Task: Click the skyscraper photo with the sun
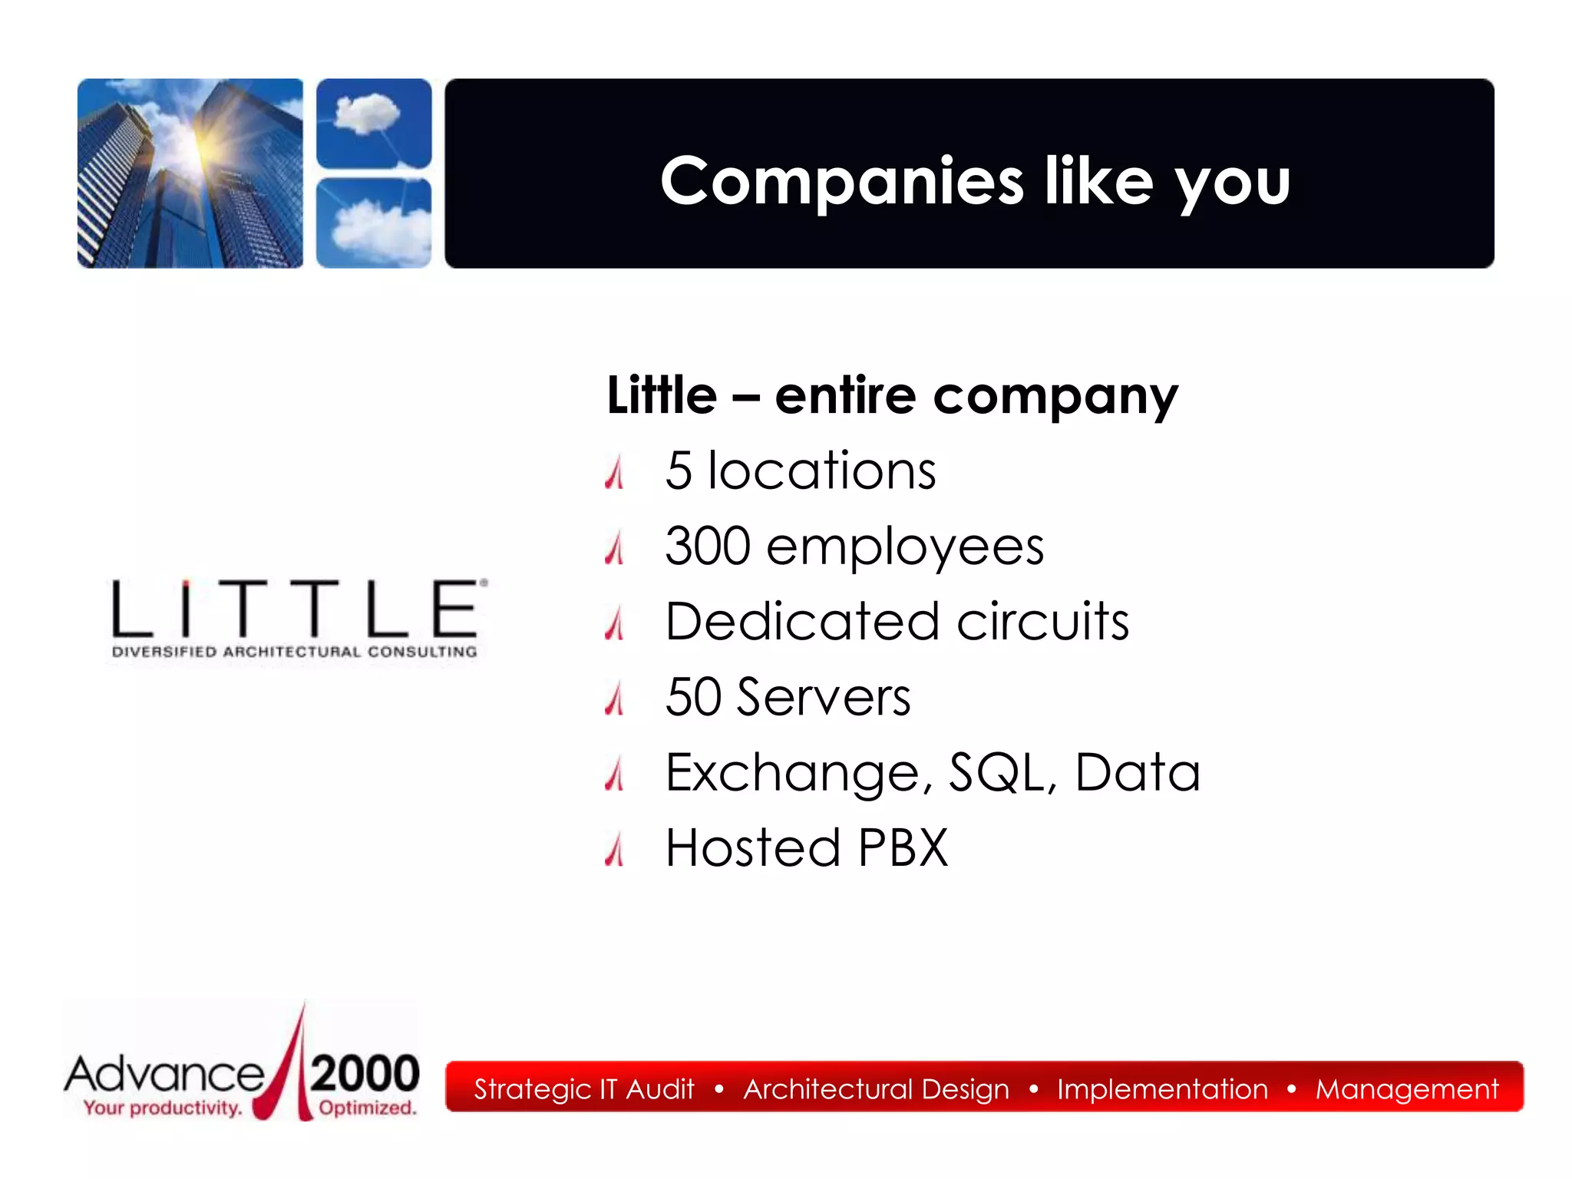point(190,173)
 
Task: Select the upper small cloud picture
point(374,123)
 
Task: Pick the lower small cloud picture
point(374,223)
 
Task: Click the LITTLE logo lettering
point(296,609)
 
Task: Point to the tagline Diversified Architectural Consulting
point(295,652)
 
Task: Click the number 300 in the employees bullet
point(708,547)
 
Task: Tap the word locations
point(821,471)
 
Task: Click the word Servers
point(823,697)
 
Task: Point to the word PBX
point(903,847)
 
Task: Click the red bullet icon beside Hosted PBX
point(614,850)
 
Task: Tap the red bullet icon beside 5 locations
point(614,473)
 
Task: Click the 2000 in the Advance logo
point(365,1073)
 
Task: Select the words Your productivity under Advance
point(163,1108)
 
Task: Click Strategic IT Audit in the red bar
point(583,1089)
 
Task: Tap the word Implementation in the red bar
point(1162,1089)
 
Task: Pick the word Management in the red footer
point(1406,1089)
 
